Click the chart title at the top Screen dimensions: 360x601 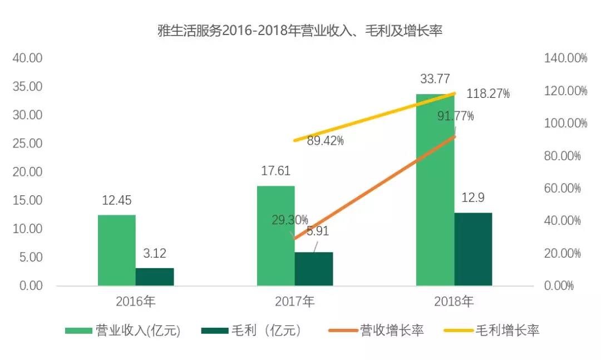point(300,31)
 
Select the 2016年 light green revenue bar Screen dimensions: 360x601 point(117,250)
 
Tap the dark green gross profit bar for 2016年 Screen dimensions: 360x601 point(155,277)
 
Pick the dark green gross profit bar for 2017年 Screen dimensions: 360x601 point(314,269)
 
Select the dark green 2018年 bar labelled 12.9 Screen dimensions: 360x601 point(473,249)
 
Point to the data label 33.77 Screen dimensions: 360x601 point(435,79)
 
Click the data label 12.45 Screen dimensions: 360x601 point(117,201)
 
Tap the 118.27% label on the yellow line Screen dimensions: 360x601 point(488,94)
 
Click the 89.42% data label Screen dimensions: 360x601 point(326,141)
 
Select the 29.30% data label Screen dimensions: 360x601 point(289,220)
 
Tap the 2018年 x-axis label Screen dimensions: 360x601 point(454,302)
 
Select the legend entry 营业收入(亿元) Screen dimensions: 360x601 point(123,331)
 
